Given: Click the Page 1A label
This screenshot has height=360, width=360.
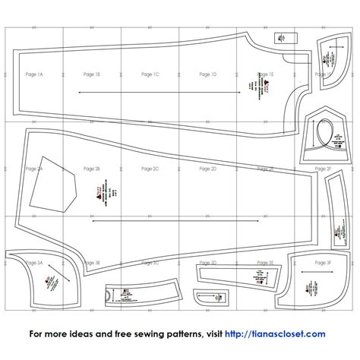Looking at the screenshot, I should pos(34,75).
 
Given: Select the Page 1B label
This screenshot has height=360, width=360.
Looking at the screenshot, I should pos(92,74).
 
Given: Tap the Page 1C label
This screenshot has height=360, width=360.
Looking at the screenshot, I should pos(150,74).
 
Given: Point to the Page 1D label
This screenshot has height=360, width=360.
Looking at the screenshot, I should pos(208,74).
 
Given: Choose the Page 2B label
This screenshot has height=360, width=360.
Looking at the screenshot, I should pos(92,169).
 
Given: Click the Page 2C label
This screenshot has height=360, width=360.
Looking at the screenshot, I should pos(150,169).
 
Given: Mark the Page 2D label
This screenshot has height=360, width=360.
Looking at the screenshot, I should pos(208,169).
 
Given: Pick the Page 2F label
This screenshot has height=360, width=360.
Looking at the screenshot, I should pos(324,169).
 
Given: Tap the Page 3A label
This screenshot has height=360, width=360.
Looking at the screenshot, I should pos(34,262).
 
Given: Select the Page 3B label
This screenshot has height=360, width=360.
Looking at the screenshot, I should pos(92,262).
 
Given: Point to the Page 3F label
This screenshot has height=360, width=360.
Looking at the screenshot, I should pos(324,262).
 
